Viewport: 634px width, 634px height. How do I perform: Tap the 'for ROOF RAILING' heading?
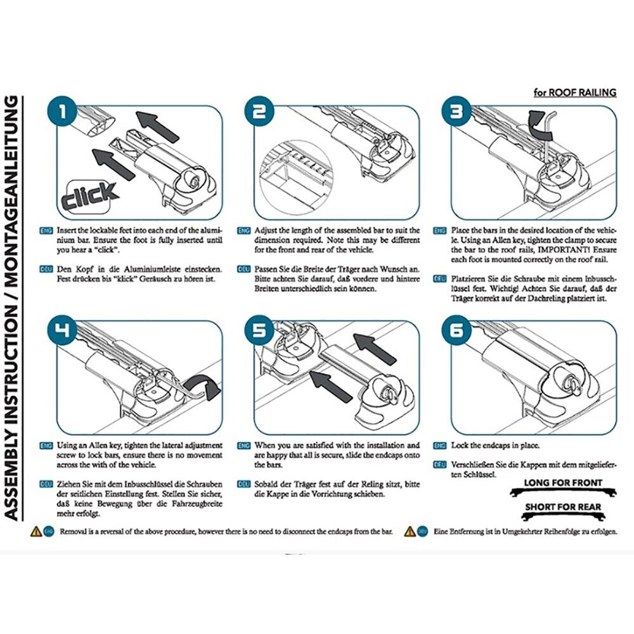pyautogui.click(x=574, y=93)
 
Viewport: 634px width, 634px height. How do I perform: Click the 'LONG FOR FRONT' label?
pyautogui.click(x=563, y=483)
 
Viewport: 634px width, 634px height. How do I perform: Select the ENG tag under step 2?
pyautogui.click(x=244, y=230)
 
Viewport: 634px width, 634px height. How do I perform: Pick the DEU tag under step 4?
pyautogui.click(x=46, y=484)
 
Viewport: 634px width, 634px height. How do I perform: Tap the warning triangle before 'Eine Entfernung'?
pyautogui.click(x=410, y=531)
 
